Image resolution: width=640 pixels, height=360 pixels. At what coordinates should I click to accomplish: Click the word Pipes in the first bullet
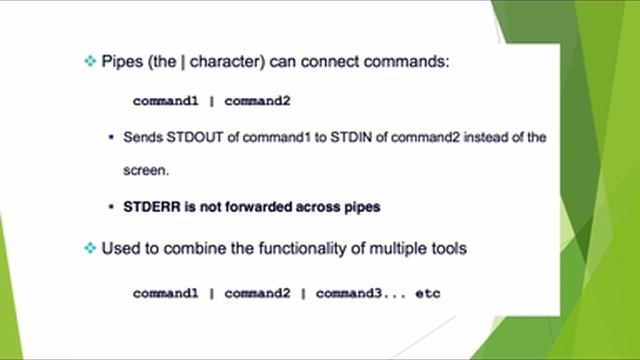click(x=122, y=62)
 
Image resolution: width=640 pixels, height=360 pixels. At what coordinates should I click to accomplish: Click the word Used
click(x=120, y=248)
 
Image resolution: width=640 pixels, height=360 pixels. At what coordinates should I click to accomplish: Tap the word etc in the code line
click(x=427, y=294)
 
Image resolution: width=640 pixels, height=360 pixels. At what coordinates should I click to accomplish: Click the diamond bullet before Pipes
click(x=90, y=62)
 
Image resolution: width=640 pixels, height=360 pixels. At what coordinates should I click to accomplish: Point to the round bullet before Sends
click(x=111, y=137)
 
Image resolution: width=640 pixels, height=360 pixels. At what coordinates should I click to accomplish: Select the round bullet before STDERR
click(x=111, y=207)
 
